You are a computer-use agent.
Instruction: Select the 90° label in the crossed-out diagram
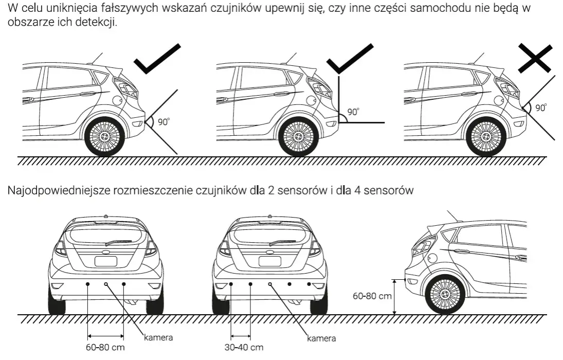tap(541, 108)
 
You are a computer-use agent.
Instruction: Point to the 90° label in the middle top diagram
tap(353, 112)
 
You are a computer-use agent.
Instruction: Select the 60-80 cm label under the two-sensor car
tap(105, 347)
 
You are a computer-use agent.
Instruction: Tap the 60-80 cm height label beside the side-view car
tap(372, 296)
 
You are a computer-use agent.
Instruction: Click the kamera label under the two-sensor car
tap(158, 338)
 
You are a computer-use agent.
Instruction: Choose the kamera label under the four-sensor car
tap(321, 338)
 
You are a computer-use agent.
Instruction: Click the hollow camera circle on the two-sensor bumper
tap(106, 284)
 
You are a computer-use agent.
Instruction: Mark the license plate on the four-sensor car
tap(269, 261)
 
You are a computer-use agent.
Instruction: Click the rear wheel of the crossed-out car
tap(486, 137)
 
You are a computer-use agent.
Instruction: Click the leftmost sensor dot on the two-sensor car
tap(88, 284)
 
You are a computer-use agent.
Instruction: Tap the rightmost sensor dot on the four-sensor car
tap(308, 284)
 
